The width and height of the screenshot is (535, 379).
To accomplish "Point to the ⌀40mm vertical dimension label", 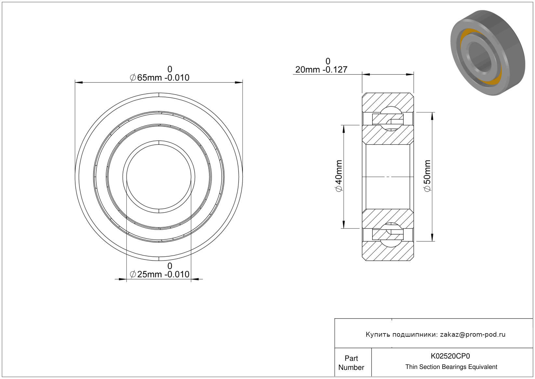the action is click(x=339, y=176).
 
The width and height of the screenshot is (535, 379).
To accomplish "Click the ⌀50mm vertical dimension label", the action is click(x=427, y=176).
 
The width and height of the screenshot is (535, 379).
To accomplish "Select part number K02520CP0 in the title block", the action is click(x=450, y=356).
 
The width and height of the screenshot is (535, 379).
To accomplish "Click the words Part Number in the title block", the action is click(x=351, y=363).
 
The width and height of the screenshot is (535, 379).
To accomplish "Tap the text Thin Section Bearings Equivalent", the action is click(x=451, y=367).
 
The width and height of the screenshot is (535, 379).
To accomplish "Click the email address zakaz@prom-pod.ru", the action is click(x=473, y=334).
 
